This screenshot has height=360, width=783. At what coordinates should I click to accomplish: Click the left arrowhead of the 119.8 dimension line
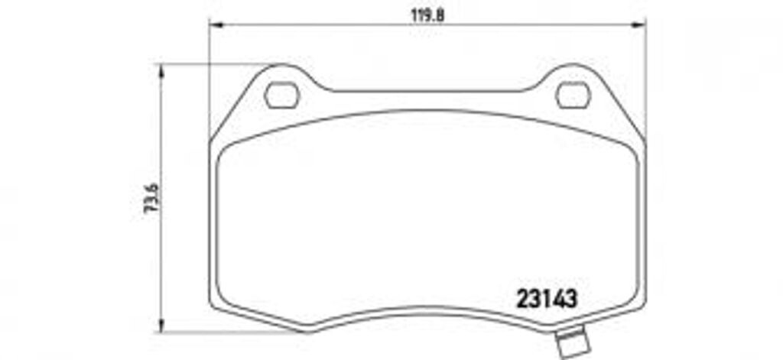click(x=215, y=25)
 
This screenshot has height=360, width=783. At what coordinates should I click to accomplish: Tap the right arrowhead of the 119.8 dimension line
click(x=641, y=25)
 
